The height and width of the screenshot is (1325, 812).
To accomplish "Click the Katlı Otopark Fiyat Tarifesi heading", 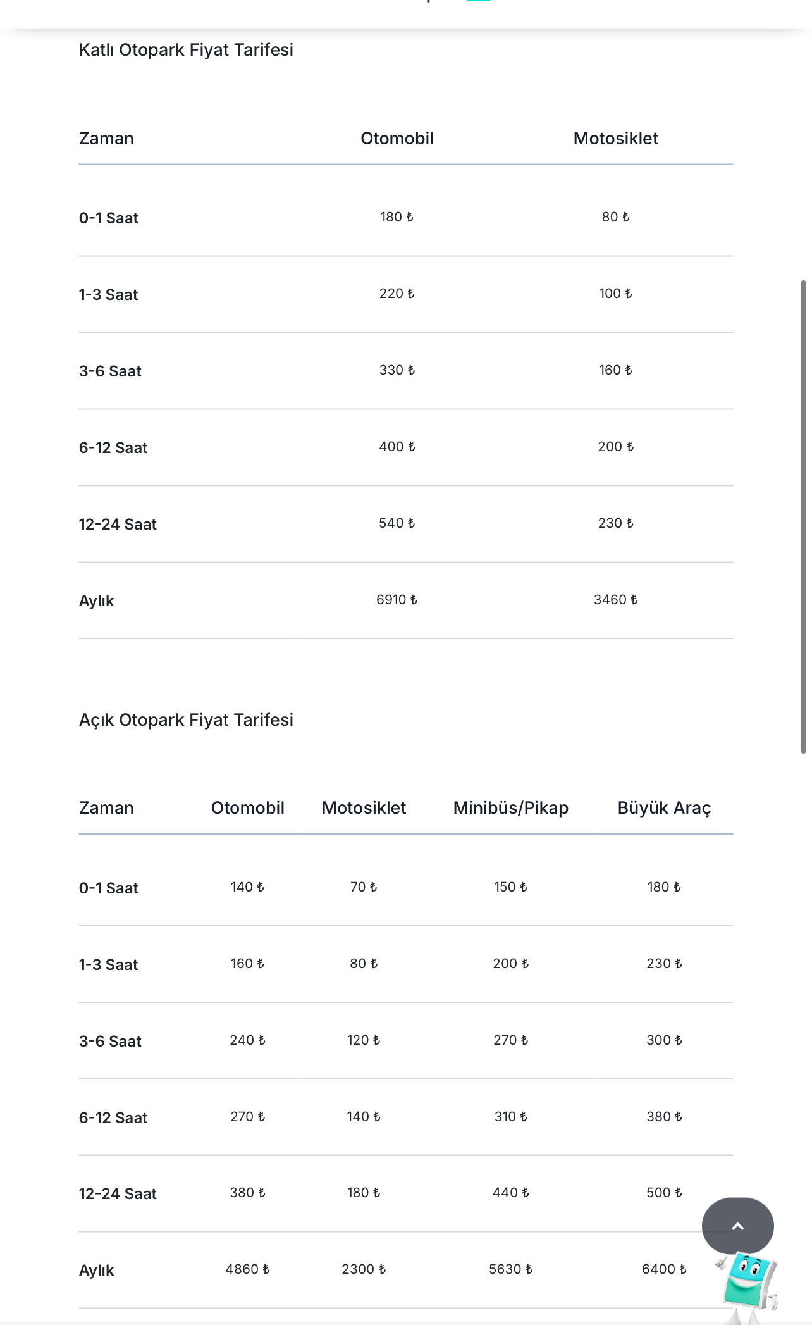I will [x=186, y=50].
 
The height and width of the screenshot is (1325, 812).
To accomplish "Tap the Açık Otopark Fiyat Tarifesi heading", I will [x=186, y=720].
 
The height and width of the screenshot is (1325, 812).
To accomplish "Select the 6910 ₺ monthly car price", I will [x=397, y=600].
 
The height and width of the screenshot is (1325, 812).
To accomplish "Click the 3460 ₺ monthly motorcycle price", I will [x=615, y=600].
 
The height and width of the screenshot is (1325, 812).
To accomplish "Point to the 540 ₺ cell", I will [x=397, y=523].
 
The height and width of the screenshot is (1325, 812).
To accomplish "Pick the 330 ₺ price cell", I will [x=397, y=370].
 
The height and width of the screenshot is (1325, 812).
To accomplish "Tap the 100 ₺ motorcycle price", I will [x=615, y=294].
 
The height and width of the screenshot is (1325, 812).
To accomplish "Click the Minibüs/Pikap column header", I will [x=510, y=808].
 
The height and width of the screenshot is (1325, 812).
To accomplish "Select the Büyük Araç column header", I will [x=664, y=808].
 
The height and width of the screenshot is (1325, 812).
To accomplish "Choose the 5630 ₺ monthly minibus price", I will [x=510, y=1269].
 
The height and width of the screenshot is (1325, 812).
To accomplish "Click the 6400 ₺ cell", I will [x=664, y=1269].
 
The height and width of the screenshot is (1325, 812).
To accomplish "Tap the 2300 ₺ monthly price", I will [x=364, y=1269].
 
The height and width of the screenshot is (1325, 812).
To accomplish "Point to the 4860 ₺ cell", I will [x=247, y=1269].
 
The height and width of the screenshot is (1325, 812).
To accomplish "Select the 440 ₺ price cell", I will [x=510, y=1193].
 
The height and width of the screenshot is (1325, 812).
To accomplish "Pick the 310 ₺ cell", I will [x=510, y=1117].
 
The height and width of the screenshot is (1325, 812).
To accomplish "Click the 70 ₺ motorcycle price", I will [x=364, y=887].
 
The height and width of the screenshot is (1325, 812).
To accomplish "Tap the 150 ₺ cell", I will [x=510, y=887].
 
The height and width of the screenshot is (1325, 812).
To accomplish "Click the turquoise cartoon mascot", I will [x=750, y=1285].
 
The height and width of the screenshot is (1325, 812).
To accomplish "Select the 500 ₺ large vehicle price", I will [x=664, y=1193].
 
